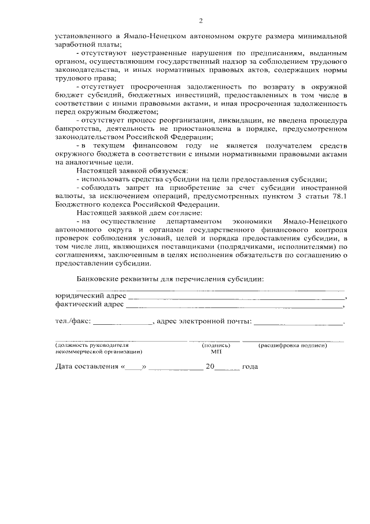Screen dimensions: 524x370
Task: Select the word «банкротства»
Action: (x=76, y=128)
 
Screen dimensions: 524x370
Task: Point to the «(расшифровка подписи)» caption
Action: (x=293, y=345)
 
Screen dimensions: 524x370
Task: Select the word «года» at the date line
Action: (x=250, y=367)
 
